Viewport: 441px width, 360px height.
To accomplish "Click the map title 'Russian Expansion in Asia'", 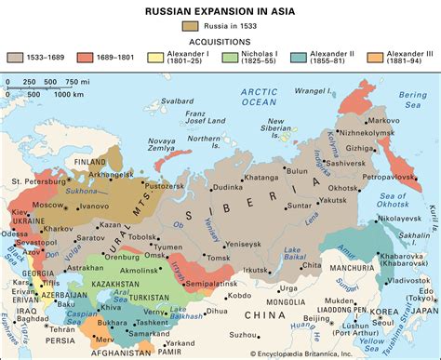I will point(220,9).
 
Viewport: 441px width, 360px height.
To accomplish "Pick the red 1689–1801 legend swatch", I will point(95,59).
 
